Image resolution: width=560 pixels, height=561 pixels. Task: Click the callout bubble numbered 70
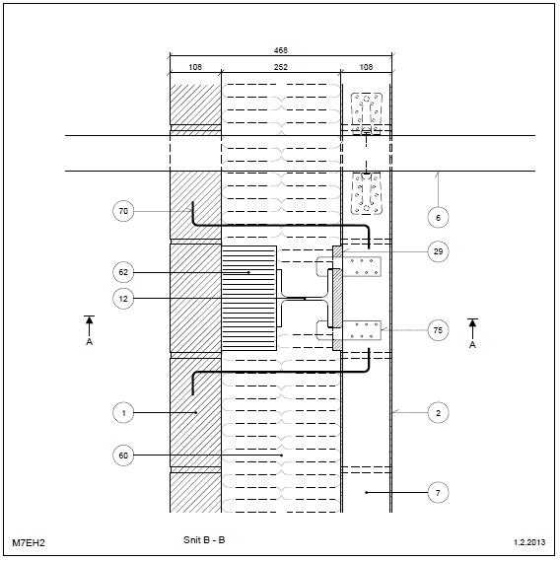pos(123,211)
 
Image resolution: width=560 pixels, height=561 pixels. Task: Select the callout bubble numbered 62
pos(123,272)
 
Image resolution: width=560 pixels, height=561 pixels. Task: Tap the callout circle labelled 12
pos(123,299)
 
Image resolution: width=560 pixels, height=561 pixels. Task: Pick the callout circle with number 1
pos(123,413)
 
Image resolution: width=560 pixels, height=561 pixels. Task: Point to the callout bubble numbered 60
pos(123,456)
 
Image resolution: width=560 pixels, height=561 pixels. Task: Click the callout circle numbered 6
pos(439,217)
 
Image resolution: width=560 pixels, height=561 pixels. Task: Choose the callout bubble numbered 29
pos(439,251)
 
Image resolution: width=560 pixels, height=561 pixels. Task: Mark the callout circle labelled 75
pos(439,330)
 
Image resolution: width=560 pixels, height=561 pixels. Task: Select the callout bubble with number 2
pos(439,413)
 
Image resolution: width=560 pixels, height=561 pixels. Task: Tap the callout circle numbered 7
pos(439,493)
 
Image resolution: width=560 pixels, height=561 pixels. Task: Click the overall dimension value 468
pos(281,50)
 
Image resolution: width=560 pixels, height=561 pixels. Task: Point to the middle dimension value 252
pos(281,67)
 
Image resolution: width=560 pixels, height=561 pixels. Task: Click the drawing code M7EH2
pos(29,542)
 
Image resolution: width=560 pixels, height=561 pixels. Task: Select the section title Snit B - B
pos(204,539)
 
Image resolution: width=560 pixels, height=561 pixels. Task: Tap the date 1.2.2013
pos(529,542)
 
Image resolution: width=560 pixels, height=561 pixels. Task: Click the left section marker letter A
pos(90,342)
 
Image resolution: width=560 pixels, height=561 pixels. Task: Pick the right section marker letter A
pos(472,344)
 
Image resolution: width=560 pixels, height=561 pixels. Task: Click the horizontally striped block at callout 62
pos(249,298)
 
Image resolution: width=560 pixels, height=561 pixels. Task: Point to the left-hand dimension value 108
pos(195,67)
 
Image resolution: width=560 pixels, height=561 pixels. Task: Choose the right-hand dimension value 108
pos(366,67)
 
